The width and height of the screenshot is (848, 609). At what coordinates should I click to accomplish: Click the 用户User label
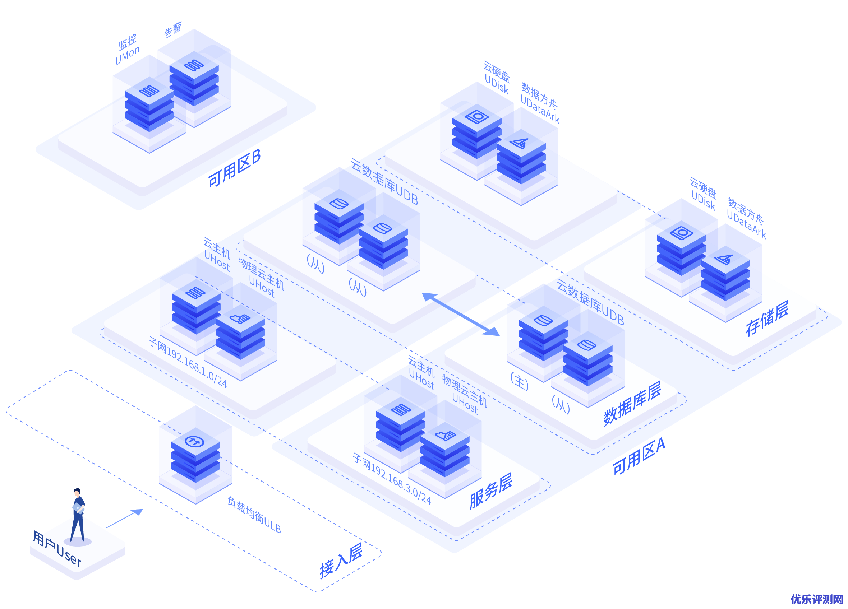pyautogui.click(x=57, y=548)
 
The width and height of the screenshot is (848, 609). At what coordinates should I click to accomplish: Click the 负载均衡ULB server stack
pyautogui.click(x=195, y=455)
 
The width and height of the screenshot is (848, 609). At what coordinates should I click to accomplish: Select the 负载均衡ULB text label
pyautogui.click(x=254, y=515)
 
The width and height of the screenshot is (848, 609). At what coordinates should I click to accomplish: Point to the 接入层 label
pyautogui.click(x=341, y=561)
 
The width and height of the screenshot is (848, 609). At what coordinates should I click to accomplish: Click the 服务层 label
pyautogui.click(x=490, y=491)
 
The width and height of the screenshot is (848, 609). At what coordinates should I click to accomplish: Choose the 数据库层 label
pyautogui.click(x=632, y=404)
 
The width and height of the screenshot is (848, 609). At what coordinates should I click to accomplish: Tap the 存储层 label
pyautogui.click(x=767, y=319)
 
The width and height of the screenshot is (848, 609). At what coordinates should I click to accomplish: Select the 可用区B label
pyautogui.click(x=234, y=168)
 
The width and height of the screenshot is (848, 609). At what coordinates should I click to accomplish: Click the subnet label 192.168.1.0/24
pyautogui.click(x=188, y=362)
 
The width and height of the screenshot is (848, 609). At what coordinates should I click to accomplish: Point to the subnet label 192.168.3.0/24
pyautogui.click(x=392, y=479)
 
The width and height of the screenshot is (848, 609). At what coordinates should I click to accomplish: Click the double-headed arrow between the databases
pyautogui.click(x=460, y=314)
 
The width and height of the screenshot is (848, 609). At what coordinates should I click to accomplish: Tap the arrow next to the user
pyautogui.click(x=125, y=518)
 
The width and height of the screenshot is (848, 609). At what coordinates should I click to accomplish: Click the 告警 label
pyautogui.click(x=173, y=30)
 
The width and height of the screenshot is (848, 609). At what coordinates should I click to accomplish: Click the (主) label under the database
pyautogui.click(x=520, y=381)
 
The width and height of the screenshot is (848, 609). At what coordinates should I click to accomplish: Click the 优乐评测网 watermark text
pyautogui.click(x=817, y=599)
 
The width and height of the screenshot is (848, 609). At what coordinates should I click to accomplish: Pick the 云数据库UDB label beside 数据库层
pyautogui.click(x=590, y=302)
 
